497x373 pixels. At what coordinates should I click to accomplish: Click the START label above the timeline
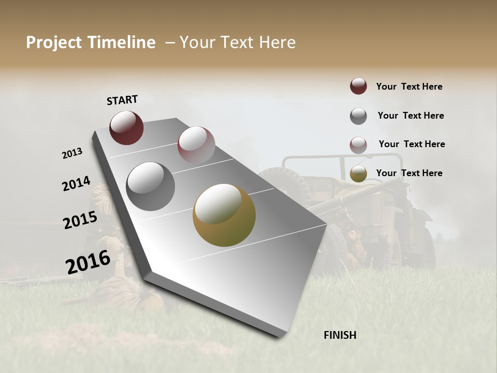coord(122,100)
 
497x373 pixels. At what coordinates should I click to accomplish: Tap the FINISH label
coord(340,335)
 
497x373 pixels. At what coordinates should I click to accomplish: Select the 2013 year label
coord(72,153)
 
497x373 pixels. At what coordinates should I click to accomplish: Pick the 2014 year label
coord(76,184)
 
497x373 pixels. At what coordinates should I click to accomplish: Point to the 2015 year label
coord(80,220)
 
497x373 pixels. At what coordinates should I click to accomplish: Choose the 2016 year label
coord(88,262)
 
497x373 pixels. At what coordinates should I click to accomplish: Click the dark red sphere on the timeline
coord(126,127)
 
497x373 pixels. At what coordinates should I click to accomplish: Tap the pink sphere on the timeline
coord(196,145)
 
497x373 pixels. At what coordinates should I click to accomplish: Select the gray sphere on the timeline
coord(151,187)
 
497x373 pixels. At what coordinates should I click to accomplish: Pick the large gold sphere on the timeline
coord(224,215)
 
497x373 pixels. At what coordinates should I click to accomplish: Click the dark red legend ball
coord(358,86)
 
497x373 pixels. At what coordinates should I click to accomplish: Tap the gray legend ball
coord(358,116)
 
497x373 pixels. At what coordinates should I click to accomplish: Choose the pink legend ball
coord(358,145)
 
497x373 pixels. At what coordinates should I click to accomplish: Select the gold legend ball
coord(358,174)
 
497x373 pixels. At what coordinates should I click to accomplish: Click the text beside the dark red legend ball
coord(409,87)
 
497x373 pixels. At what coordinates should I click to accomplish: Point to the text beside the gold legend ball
coord(409,173)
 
